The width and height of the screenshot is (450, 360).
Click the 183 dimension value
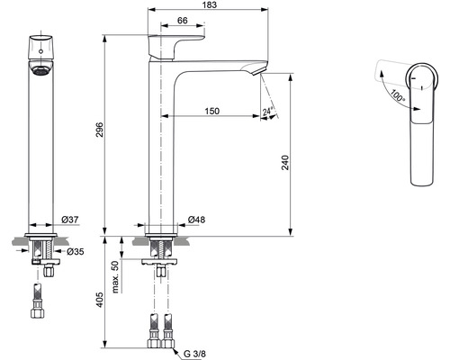[210, 4]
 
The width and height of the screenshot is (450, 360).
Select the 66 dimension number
[183, 21]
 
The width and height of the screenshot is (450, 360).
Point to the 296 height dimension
[99, 130]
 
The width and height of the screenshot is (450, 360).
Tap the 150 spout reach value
[212, 111]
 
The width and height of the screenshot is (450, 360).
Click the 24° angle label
[267, 112]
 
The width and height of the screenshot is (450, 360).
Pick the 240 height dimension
[285, 163]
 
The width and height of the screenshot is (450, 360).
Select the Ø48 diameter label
[196, 220]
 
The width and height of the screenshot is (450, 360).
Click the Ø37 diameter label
[70, 220]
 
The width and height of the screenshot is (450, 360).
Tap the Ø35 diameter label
[75, 251]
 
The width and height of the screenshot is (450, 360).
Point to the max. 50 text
[115, 276]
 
